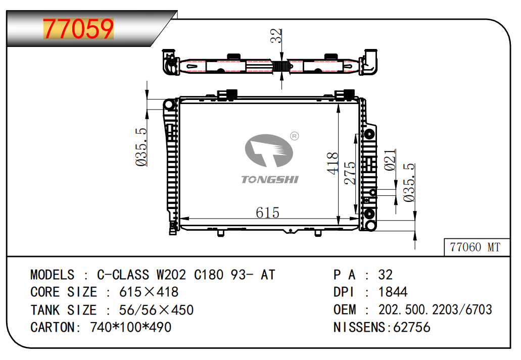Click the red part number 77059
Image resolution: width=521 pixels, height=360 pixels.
[x=78, y=29]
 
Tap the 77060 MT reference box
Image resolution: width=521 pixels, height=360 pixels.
[x=477, y=247]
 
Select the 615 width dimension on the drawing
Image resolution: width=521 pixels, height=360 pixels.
[x=267, y=213]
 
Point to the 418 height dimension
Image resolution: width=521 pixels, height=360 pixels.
[x=333, y=163]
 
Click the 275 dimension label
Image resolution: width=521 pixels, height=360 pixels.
[x=350, y=173]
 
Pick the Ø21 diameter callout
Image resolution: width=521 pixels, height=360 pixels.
[x=390, y=160]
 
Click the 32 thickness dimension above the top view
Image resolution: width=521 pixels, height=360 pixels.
[x=276, y=35]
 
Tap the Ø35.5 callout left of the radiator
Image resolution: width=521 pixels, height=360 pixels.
[x=141, y=147]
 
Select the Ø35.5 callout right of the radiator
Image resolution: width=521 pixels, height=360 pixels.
[x=409, y=182]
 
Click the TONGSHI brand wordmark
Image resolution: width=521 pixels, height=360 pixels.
[x=270, y=180]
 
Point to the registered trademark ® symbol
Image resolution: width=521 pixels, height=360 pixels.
[x=295, y=136]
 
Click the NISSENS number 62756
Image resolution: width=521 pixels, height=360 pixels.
[x=412, y=328]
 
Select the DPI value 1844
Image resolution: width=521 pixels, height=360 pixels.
[x=393, y=292]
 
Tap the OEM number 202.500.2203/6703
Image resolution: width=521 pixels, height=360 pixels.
[x=435, y=310]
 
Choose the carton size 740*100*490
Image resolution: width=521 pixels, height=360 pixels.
[x=130, y=328]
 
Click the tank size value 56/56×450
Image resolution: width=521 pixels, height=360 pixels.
[x=156, y=310]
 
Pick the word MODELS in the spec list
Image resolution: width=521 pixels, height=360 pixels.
[x=53, y=275]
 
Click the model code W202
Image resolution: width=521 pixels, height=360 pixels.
[x=171, y=275]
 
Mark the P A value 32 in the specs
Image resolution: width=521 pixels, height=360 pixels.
[x=386, y=275]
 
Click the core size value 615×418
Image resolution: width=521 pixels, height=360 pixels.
[x=149, y=292]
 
